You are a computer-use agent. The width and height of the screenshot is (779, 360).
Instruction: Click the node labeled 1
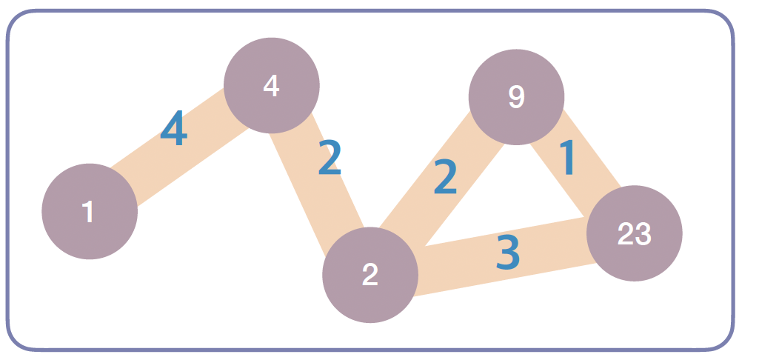tap(90, 211)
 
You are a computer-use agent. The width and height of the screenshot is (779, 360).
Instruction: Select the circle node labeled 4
tap(271, 85)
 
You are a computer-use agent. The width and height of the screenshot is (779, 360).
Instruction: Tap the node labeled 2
tap(370, 275)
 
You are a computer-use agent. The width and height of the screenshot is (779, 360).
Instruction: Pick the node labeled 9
tap(516, 97)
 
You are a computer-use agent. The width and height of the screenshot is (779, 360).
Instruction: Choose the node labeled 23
tap(634, 233)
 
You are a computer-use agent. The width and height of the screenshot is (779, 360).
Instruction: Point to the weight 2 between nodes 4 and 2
tap(330, 159)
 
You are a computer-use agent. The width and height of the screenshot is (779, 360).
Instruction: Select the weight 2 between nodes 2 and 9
tap(445, 177)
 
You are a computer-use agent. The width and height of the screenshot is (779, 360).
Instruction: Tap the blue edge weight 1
tap(567, 158)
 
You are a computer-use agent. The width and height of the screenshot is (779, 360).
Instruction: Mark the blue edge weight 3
tap(508, 253)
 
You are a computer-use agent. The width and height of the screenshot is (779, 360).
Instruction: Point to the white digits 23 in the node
tap(634, 234)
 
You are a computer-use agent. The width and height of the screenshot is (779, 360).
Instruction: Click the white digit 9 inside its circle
tap(516, 97)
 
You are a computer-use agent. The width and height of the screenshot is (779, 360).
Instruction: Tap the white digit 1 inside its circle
tap(89, 212)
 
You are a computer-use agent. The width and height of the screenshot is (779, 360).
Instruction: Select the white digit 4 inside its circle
tap(271, 86)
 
